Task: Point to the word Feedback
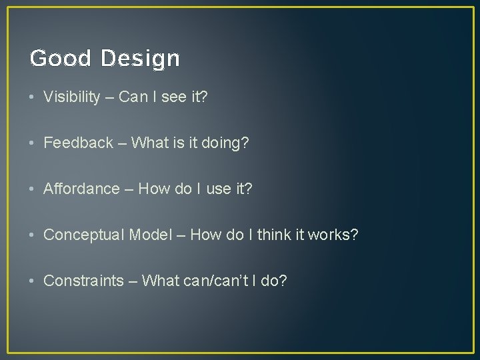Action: [x=78, y=143]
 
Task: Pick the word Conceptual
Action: [x=83, y=235]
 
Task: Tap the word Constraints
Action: [x=83, y=281]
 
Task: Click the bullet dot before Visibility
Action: [x=33, y=97]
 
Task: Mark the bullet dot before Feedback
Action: [x=33, y=143]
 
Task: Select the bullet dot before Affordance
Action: [x=33, y=189]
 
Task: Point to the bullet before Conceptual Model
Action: [x=33, y=235]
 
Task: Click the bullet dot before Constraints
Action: [x=33, y=281]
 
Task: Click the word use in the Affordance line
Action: [x=219, y=189]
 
